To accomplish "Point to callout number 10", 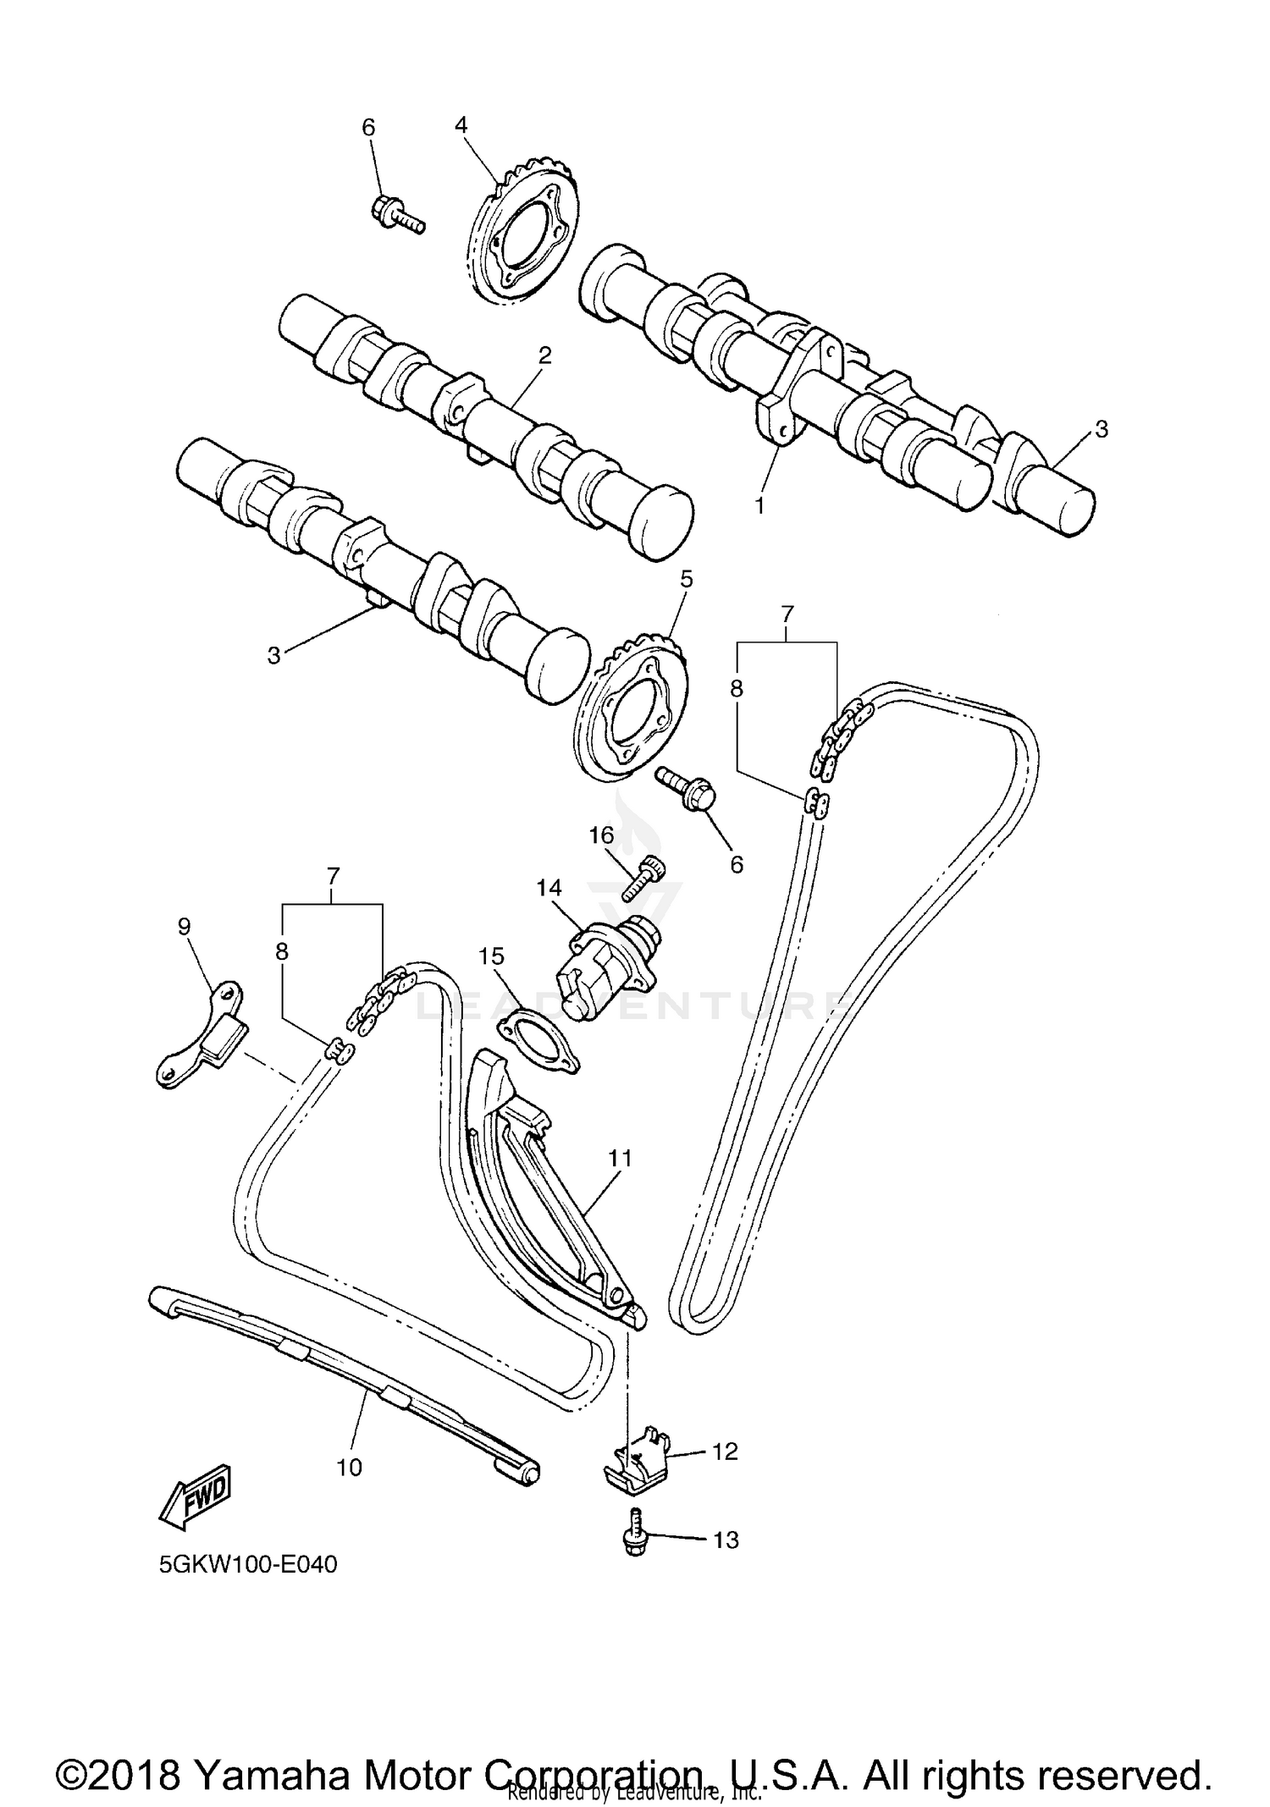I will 349,1467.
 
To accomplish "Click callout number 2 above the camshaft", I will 544,355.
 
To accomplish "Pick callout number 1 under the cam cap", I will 759,505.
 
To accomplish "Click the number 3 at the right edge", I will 1101,429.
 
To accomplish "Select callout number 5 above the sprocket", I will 686,579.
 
